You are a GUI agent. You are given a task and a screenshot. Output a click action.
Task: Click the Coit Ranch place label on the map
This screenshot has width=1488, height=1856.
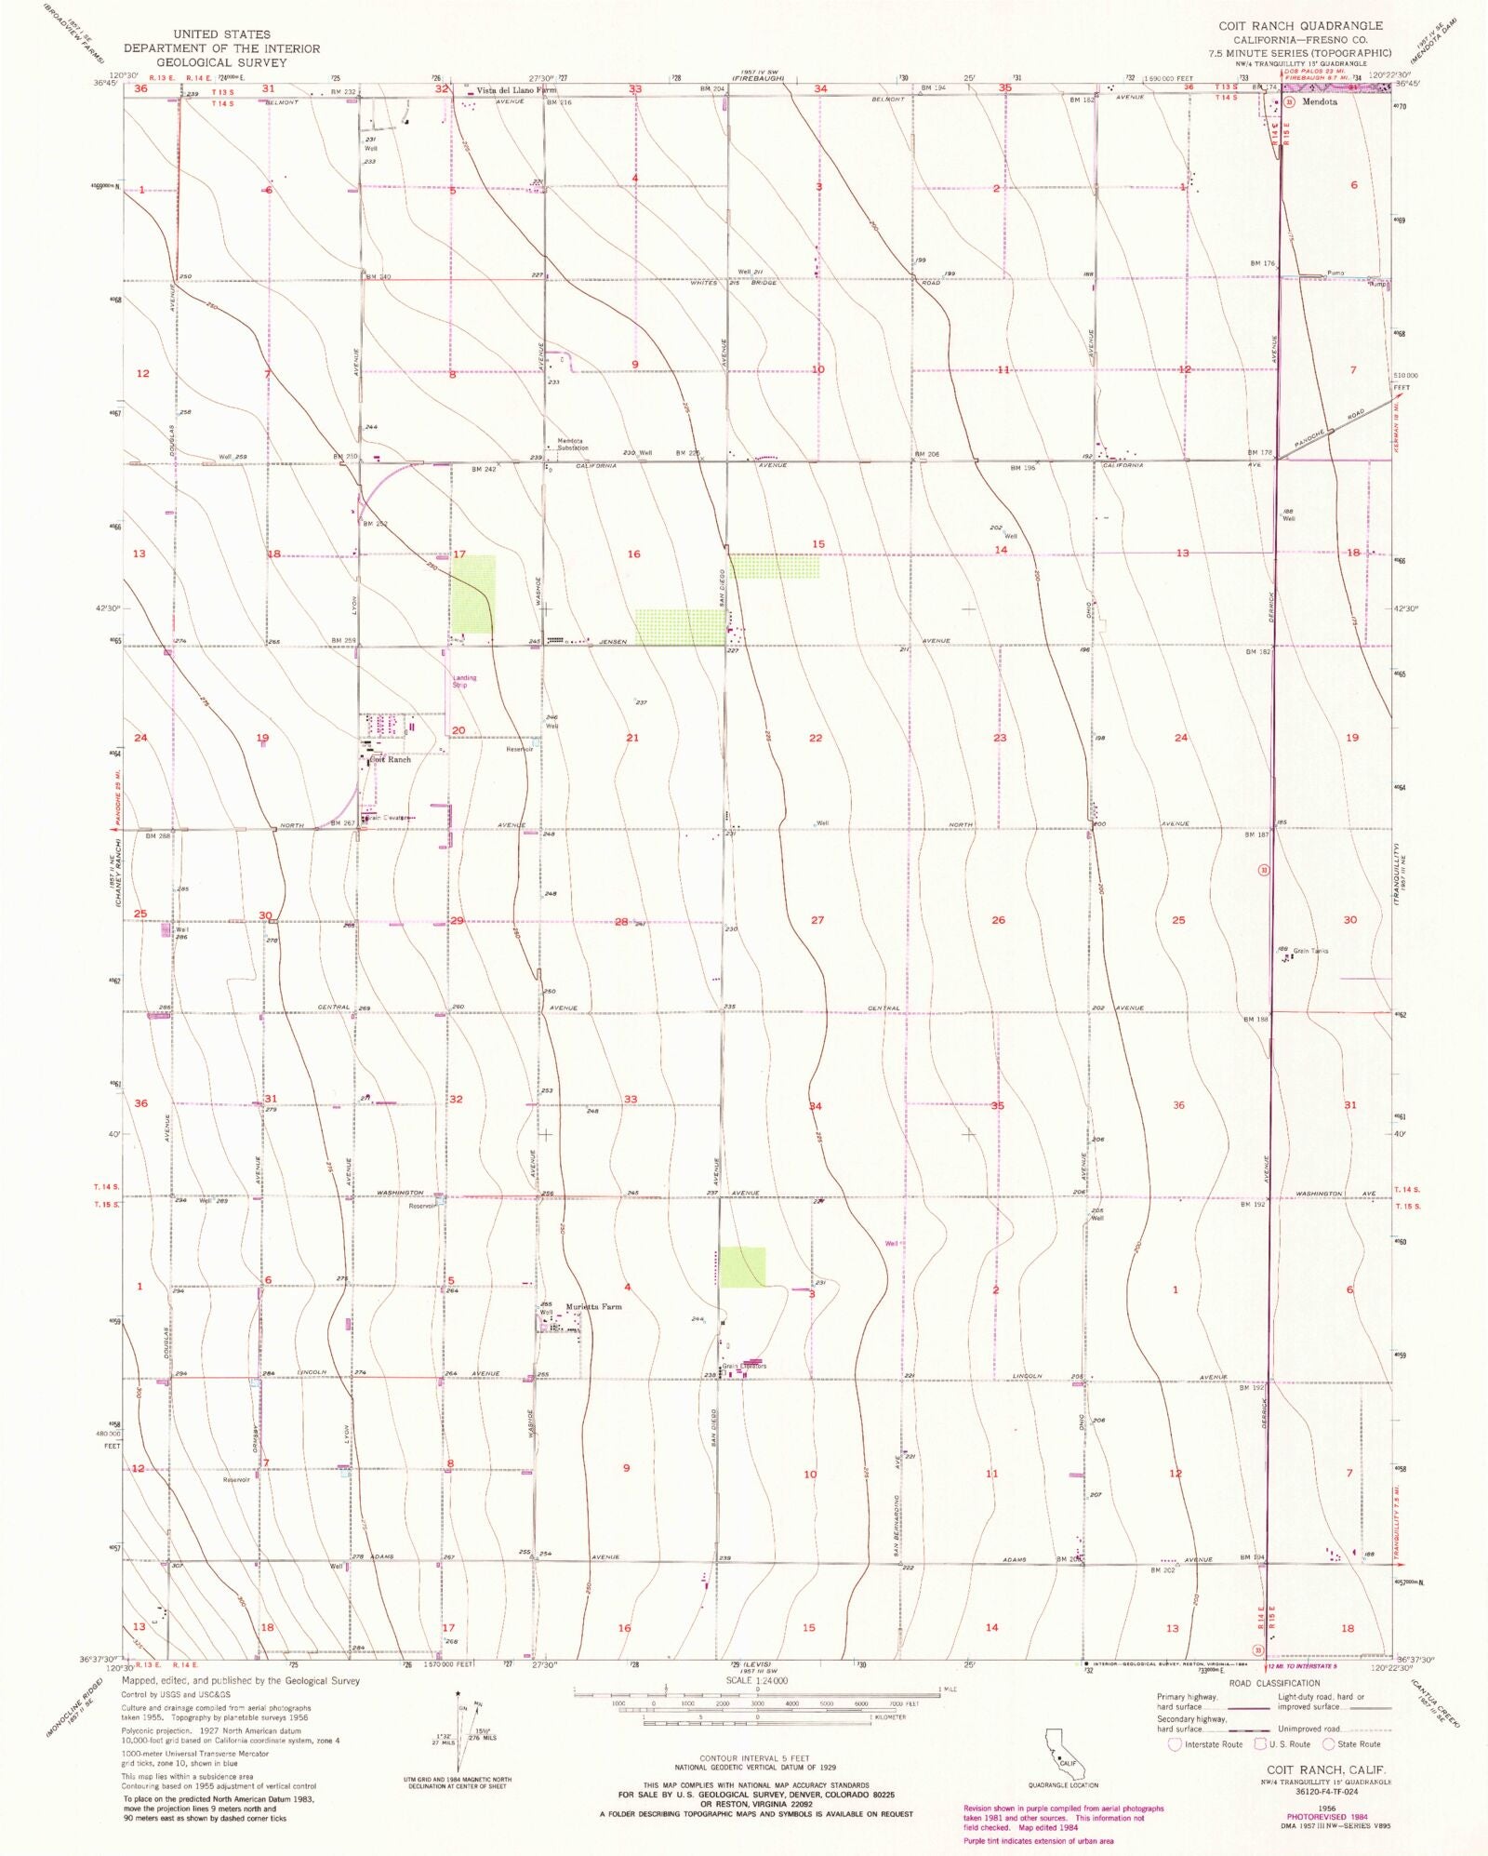pyautogui.click(x=391, y=760)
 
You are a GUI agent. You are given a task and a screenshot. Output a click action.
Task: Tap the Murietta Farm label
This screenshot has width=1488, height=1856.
pyautogui.click(x=593, y=1307)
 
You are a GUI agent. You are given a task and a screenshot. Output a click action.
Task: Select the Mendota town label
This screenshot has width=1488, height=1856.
pyautogui.click(x=1320, y=102)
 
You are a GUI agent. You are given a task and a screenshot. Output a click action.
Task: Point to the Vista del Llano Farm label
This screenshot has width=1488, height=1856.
pyautogui.click(x=516, y=91)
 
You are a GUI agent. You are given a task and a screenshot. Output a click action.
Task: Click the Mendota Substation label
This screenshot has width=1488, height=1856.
pyautogui.click(x=573, y=445)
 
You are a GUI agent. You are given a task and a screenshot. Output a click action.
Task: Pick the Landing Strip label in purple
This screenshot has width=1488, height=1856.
pyautogui.click(x=464, y=681)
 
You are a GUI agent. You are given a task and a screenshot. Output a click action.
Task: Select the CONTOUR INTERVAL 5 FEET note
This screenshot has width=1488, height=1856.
pyautogui.click(x=755, y=1758)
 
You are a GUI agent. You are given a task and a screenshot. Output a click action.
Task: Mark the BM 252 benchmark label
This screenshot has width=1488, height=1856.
pyautogui.click(x=375, y=524)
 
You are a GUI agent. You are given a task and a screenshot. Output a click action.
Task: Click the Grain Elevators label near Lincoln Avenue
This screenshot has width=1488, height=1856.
pyautogui.click(x=745, y=1367)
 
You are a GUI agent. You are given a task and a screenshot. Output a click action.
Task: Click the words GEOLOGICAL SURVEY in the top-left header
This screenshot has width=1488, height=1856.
pyautogui.click(x=221, y=62)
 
